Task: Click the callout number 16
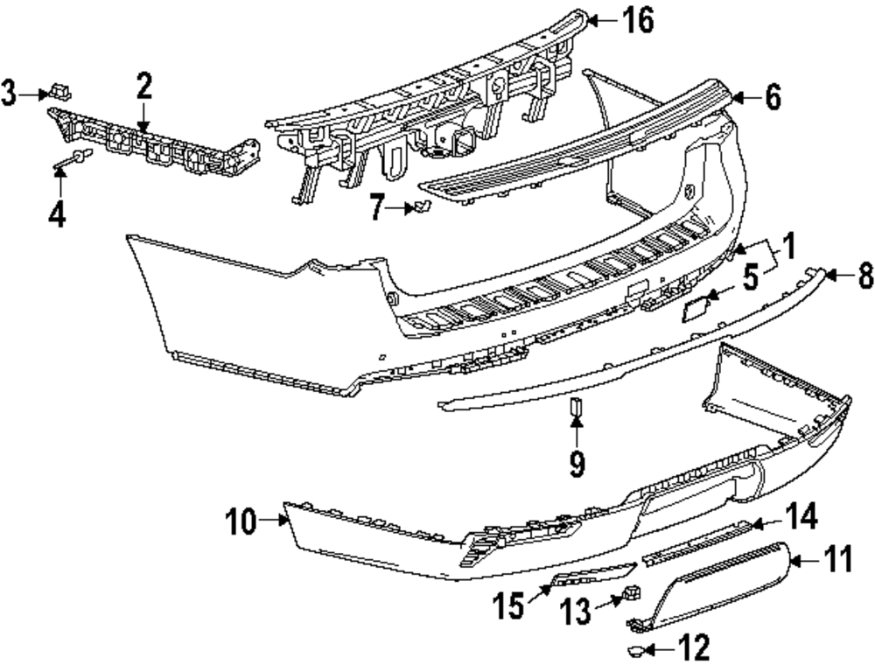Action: (x=639, y=21)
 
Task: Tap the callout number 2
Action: (x=143, y=86)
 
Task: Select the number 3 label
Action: (x=9, y=94)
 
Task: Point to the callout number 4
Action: (x=57, y=214)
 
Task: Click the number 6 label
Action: (x=773, y=98)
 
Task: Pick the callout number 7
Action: (x=378, y=207)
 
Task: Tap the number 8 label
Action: (x=866, y=276)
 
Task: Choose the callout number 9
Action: (x=577, y=464)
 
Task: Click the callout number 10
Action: (x=241, y=522)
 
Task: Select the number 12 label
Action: (x=694, y=647)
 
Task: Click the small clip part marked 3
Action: (x=60, y=91)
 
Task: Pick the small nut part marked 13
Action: (x=633, y=592)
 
